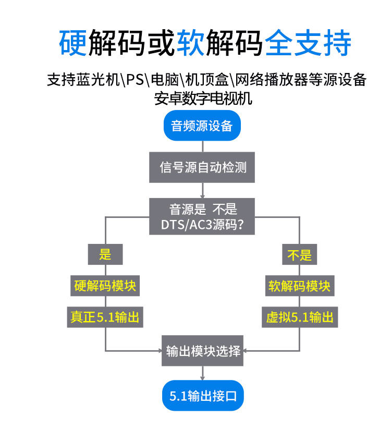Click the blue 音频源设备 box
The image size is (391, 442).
pos(202,126)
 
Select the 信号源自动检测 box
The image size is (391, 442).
pos(202,167)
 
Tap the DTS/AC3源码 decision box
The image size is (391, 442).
pos(202,217)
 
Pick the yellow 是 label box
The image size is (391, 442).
pos(105,255)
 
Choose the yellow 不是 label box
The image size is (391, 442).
pos(299,255)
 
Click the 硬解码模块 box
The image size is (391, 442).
pos(105,286)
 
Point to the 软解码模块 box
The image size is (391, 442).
pos(299,286)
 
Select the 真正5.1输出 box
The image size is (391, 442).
pos(105,317)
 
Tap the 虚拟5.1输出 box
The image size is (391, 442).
pos(299,317)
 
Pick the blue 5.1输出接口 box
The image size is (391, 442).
pos(203,396)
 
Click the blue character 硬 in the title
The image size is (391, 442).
pos(73,43)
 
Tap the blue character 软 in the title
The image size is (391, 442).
pos(191,43)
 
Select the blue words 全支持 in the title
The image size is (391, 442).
pos(308,43)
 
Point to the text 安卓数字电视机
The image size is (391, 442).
pos(203,97)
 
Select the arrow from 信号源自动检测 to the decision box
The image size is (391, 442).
pos(202,190)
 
